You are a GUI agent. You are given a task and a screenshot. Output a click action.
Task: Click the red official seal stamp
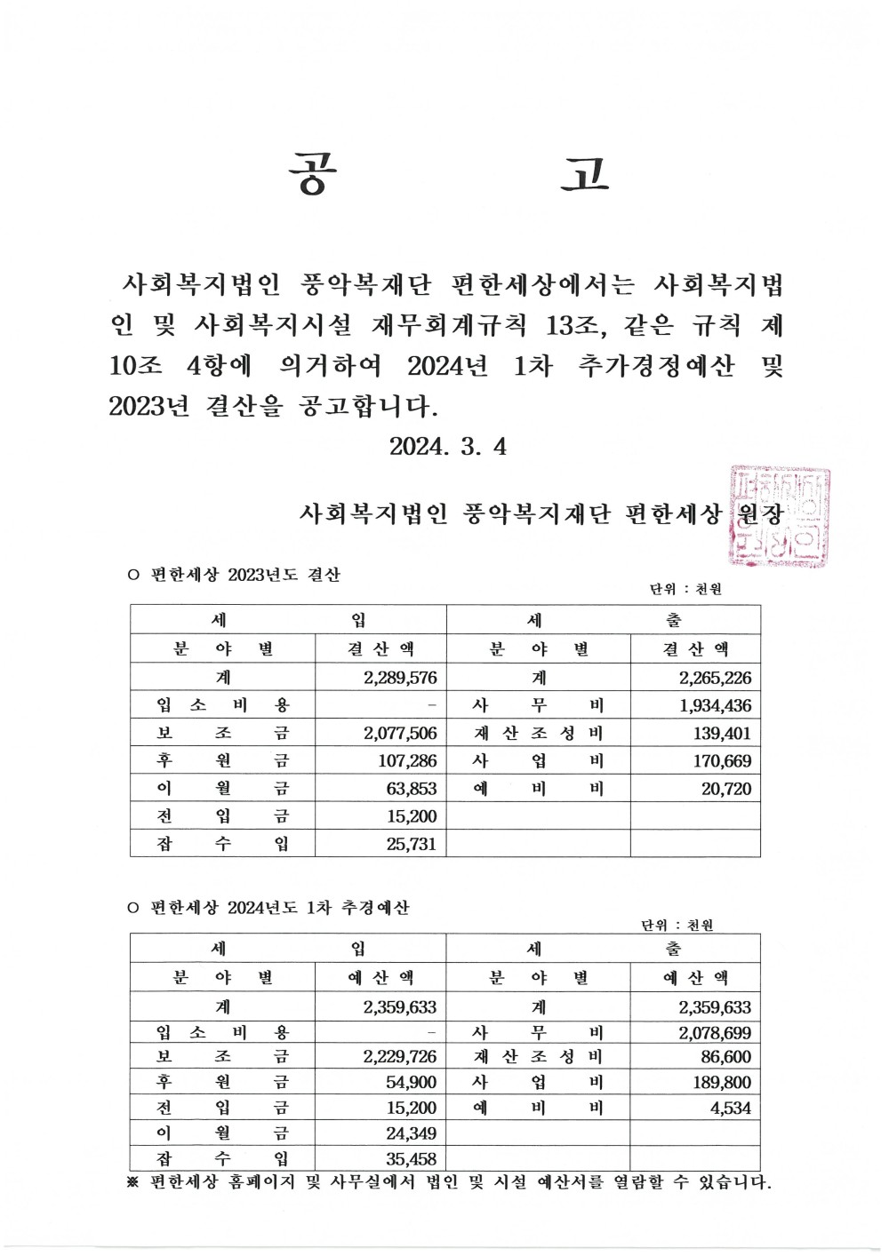pyautogui.click(x=779, y=516)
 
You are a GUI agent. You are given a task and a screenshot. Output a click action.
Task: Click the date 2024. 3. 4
pyautogui.click(x=448, y=446)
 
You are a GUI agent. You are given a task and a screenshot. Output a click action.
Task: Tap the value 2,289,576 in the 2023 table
pyautogui.click(x=400, y=678)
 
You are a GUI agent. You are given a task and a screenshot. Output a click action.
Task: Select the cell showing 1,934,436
pyautogui.click(x=715, y=706)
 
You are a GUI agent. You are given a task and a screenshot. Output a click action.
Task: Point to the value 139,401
pyautogui.click(x=721, y=734)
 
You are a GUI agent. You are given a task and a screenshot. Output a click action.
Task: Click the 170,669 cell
pyautogui.click(x=721, y=761)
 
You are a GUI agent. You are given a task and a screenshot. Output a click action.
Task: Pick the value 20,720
pyautogui.click(x=726, y=789)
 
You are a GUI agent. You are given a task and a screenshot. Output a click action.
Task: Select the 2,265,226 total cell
pyautogui.click(x=715, y=678)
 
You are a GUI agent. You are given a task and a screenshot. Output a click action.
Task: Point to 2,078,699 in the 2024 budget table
pyautogui.click(x=715, y=1033)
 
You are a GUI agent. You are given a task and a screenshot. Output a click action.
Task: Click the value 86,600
pyautogui.click(x=725, y=1057)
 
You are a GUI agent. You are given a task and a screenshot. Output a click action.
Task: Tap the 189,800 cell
pyautogui.click(x=721, y=1083)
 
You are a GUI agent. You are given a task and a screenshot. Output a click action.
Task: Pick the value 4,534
pyautogui.click(x=731, y=1109)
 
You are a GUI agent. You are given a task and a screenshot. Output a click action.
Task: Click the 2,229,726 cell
pyautogui.click(x=400, y=1057)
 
